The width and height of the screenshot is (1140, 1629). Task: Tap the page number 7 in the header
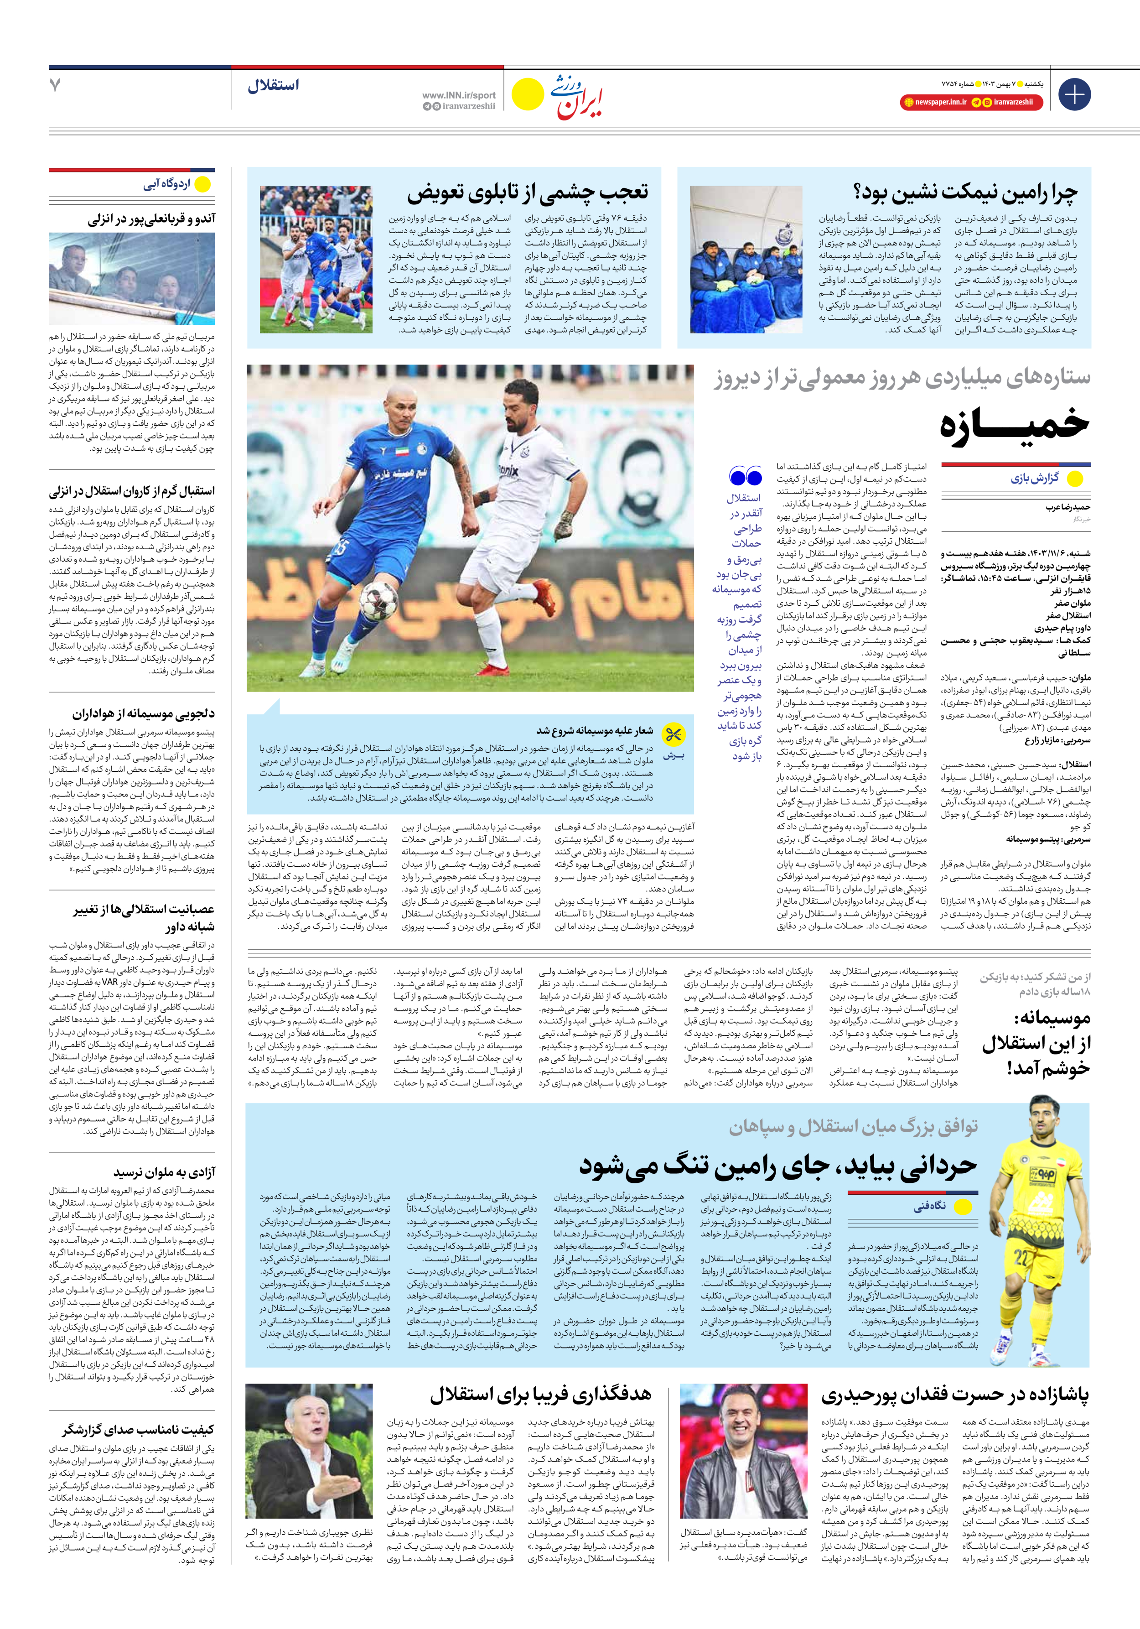tap(55, 85)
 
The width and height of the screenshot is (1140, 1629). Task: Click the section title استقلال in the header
tap(273, 86)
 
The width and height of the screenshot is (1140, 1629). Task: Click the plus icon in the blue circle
tap(1074, 94)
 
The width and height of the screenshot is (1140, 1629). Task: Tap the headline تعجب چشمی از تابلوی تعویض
tap(527, 192)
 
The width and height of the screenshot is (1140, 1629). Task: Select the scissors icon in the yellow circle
tap(673, 734)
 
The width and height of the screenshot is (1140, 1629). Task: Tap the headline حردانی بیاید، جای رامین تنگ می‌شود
tap(777, 1166)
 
